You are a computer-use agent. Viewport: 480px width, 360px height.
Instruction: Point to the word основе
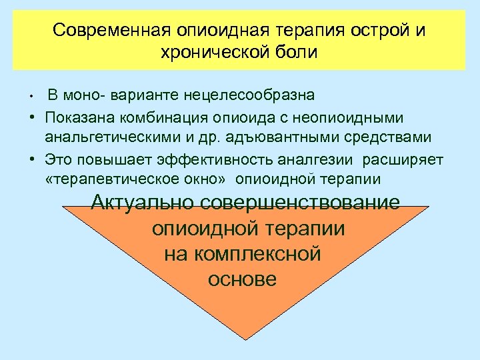coord(242,279)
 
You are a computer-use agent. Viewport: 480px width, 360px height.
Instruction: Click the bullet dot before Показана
coord(32,117)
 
